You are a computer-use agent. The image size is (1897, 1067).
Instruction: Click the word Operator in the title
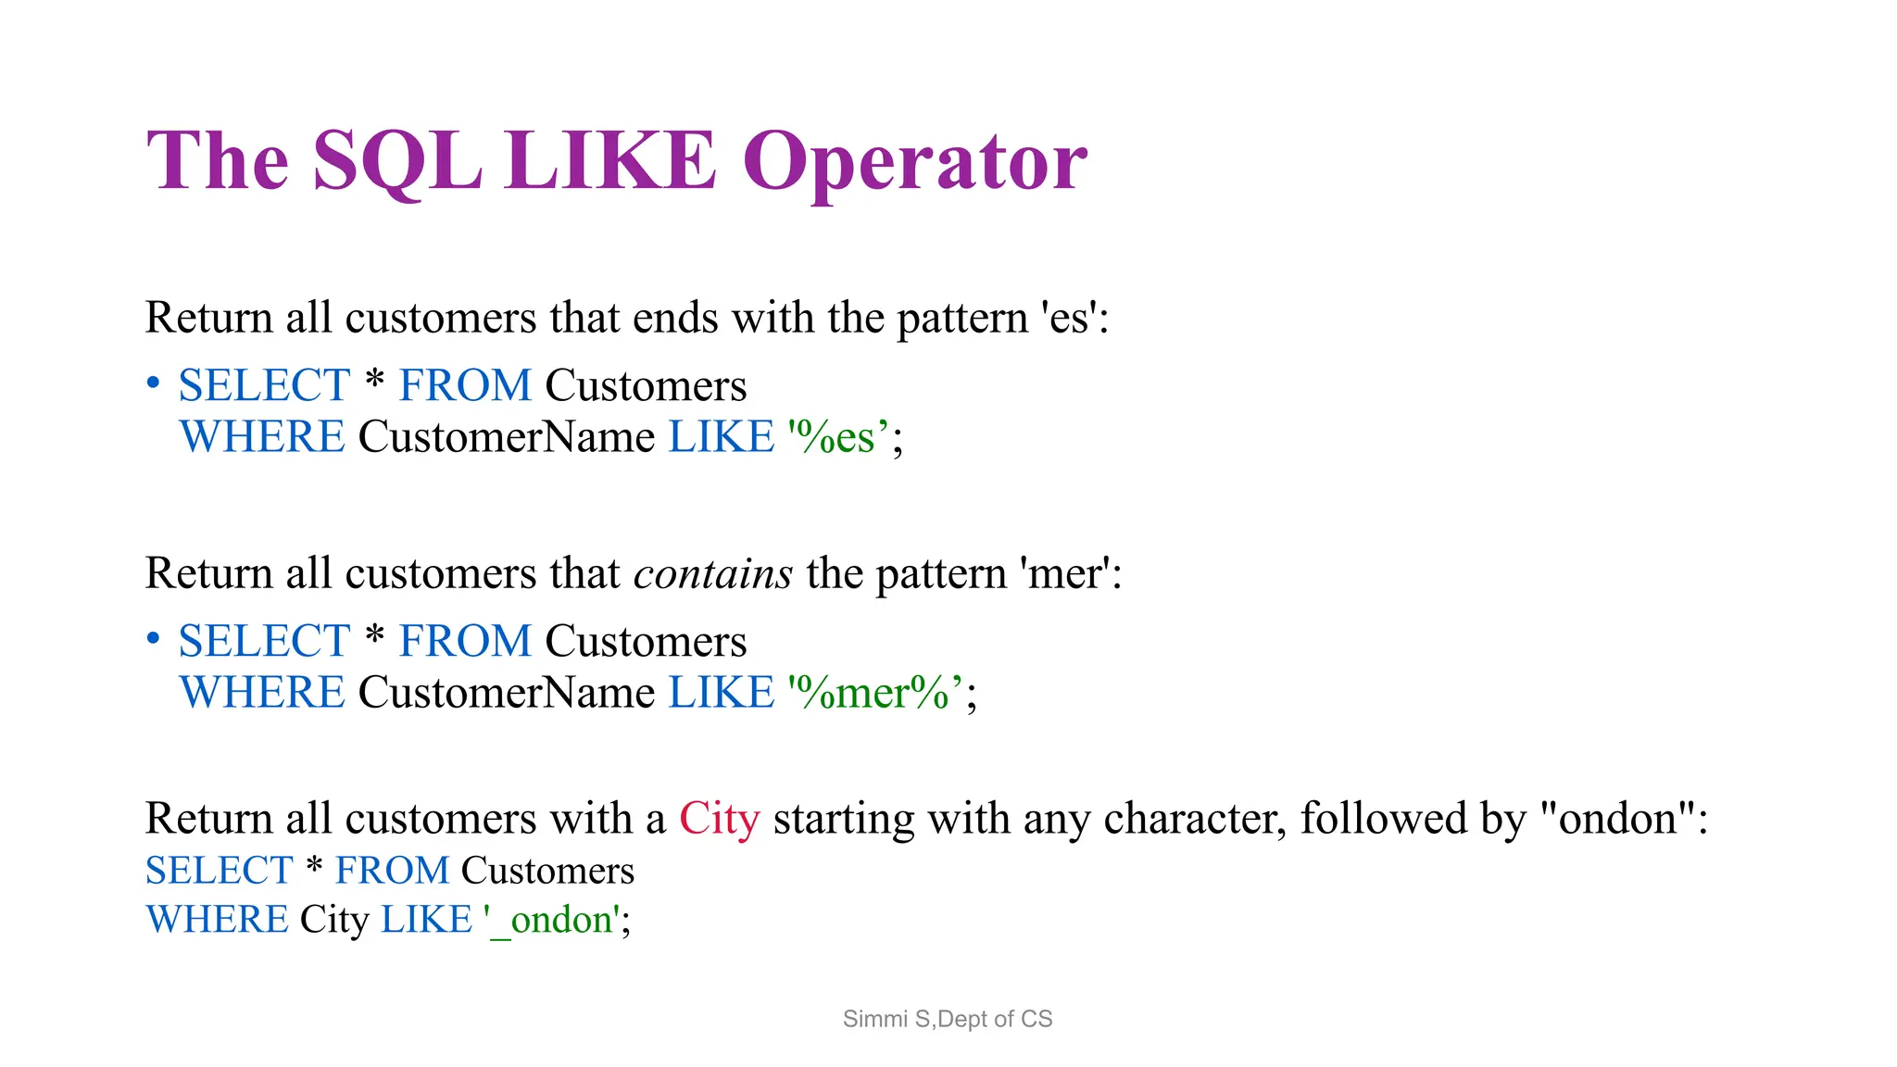(914, 162)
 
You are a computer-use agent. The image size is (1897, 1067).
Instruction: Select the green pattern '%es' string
(838, 437)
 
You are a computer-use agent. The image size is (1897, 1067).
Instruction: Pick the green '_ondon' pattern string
(553, 920)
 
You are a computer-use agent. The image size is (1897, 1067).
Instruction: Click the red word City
(719, 819)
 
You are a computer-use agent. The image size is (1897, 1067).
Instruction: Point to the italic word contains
(712, 573)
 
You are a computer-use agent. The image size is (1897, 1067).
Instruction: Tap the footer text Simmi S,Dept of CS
(948, 1019)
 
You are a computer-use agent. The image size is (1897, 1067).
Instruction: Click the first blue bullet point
(154, 383)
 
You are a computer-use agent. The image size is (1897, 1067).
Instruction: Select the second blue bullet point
(154, 639)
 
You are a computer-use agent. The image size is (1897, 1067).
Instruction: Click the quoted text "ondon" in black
(1618, 819)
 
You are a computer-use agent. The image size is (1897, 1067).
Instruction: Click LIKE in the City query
(426, 920)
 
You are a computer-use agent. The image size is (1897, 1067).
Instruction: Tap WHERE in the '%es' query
(262, 437)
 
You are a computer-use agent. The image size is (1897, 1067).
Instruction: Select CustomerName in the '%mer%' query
(506, 693)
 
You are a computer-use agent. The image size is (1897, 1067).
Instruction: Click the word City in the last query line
(334, 920)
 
